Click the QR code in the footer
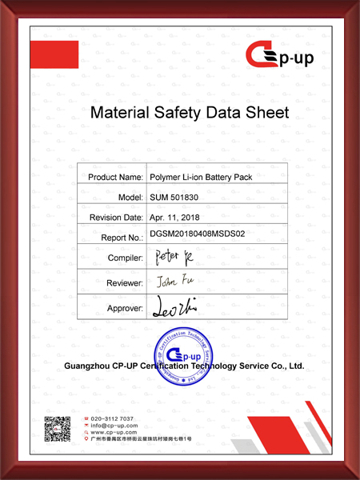(57, 430)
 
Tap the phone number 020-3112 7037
(112, 419)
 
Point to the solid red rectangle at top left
(54, 55)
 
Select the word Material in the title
(122, 113)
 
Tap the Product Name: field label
(115, 176)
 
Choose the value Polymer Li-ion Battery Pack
(201, 176)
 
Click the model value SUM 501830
(175, 197)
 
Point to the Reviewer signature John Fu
(170, 282)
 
